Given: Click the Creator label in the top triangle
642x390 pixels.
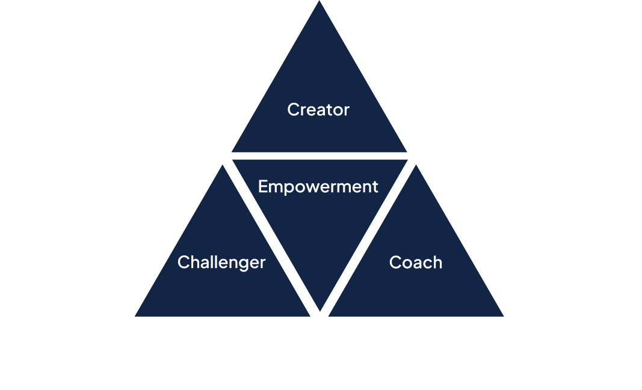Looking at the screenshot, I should click(x=318, y=110).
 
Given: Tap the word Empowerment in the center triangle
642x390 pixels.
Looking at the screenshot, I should click(x=318, y=187).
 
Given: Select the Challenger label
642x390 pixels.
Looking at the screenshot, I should click(x=221, y=263).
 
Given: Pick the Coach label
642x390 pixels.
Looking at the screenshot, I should click(x=416, y=263).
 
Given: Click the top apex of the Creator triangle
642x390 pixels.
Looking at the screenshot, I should click(x=319, y=2).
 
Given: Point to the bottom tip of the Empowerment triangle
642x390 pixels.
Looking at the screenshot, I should click(x=319, y=311).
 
